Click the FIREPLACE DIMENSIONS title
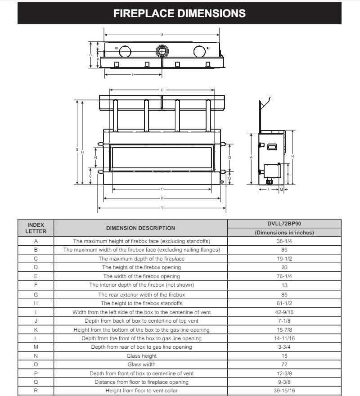tap(180, 13)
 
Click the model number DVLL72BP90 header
tap(284, 223)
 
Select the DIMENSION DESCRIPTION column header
tap(141, 228)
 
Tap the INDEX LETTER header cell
tap(36, 228)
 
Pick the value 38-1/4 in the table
tap(284, 241)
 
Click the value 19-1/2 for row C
tap(284, 259)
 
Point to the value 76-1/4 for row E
tap(284, 276)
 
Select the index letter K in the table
tap(36, 329)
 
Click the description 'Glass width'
tap(141, 364)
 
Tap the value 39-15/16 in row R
tap(284, 391)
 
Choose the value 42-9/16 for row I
tap(284, 312)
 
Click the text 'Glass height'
tap(141, 356)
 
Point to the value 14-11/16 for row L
tap(284, 338)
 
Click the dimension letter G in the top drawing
tap(162, 34)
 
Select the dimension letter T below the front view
tap(162, 208)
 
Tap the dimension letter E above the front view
tap(162, 90)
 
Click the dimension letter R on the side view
tap(292, 157)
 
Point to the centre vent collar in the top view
tap(161, 51)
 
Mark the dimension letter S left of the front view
tap(77, 149)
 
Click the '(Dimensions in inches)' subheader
tap(284, 233)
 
